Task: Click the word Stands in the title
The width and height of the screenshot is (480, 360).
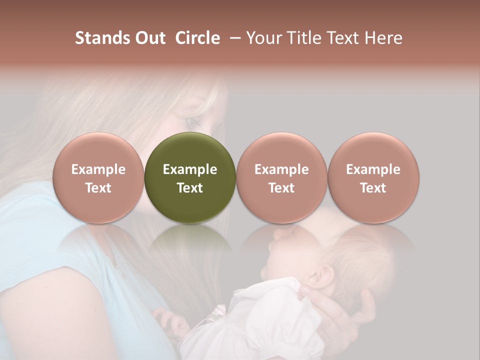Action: (x=102, y=38)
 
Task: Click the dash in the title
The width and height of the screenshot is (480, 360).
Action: (x=233, y=38)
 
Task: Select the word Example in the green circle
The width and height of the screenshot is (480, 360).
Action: (x=190, y=169)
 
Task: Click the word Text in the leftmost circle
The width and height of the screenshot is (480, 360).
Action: (x=98, y=188)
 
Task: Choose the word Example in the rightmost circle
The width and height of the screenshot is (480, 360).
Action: (x=373, y=169)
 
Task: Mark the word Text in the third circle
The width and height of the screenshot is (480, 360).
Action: (x=281, y=188)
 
